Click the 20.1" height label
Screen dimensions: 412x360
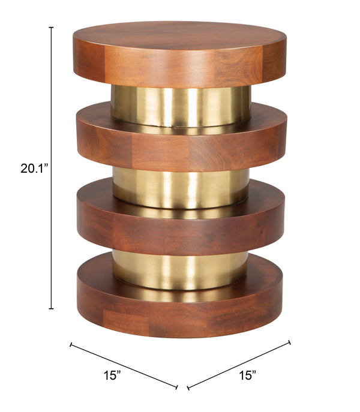point(34,169)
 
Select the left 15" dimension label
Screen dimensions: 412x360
point(112,376)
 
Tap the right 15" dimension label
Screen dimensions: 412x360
point(247,376)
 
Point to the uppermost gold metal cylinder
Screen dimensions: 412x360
point(180,106)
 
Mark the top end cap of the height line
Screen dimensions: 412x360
point(52,27)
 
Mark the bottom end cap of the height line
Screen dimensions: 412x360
point(52,309)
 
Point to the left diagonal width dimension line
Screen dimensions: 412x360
point(124,365)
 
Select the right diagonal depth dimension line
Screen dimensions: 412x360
point(239,365)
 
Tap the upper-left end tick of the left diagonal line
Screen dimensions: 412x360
point(71,345)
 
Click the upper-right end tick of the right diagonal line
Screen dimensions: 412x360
point(290,343)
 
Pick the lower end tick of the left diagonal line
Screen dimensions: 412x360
point(176,386)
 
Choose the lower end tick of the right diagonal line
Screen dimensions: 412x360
point(188,386)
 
